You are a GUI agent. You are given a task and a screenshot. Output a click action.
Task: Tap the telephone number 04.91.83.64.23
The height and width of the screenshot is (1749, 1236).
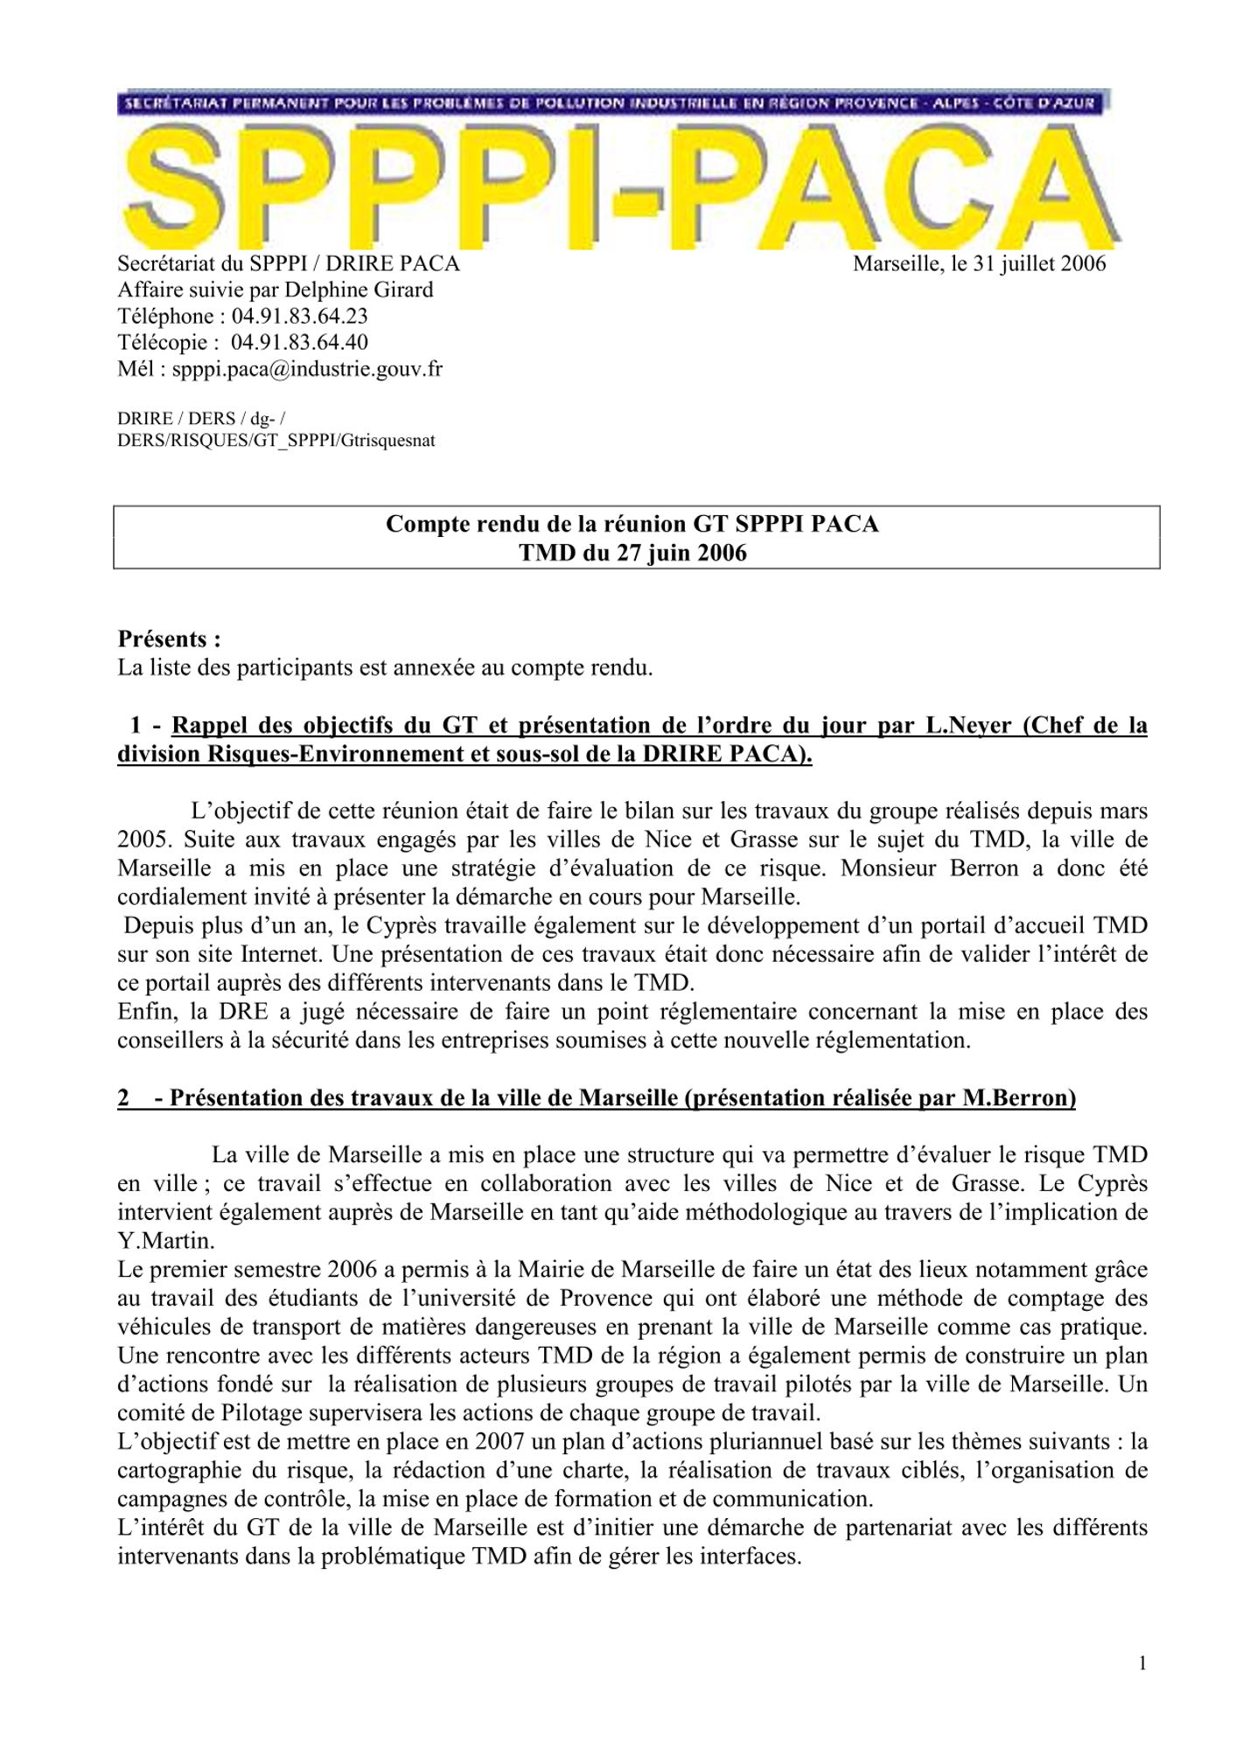pyautogui.click(x=299, y=317)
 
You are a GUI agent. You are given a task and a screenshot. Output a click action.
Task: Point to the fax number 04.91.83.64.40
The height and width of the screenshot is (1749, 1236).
pyautogui.click(x=299, y=343)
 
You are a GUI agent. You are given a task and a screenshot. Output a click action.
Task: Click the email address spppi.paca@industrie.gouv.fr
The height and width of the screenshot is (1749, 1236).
pyautogui.click(x=307, y=369)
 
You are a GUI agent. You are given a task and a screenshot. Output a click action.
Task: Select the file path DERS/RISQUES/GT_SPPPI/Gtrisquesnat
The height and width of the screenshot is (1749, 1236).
pyautogui.click(x=276, y=441)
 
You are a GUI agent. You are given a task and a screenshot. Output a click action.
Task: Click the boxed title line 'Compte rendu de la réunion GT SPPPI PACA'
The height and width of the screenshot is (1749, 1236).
pyautogui.click(x=632, y=524)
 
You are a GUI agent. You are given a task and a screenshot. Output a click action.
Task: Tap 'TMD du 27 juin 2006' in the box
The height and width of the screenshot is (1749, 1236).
pyautogui.click(x=632, y=553)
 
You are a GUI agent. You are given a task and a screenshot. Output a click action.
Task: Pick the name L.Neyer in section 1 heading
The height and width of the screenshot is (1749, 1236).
pyautogui.click(x=970, y=726)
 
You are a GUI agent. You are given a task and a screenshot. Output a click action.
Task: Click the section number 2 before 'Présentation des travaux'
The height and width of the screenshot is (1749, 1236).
pyautogui.click(x=124, y=1098)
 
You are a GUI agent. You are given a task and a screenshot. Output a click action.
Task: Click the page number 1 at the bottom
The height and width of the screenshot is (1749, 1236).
pyautogui.click(x=1142, y=1662)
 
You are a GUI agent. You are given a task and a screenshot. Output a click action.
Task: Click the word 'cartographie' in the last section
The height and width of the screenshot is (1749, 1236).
pyautogui.click(x=175, y=1470)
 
